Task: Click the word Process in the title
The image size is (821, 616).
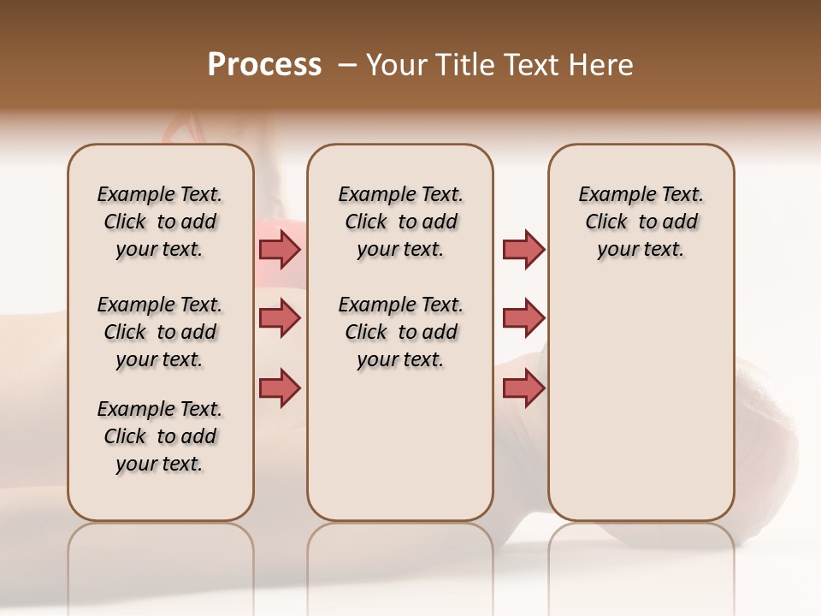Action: coord(264,65)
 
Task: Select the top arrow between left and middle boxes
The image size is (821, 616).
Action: coord(280,249)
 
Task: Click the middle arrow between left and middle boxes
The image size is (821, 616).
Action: coord(280,318)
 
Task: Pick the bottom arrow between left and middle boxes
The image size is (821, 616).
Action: coord(280,388)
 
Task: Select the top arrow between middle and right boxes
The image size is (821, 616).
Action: coord(523,249)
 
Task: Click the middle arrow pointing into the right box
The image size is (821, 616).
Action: coord(523,318)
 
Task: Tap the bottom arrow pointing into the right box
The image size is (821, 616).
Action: coord(523,388)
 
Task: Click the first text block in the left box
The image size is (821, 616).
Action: coord(160,222)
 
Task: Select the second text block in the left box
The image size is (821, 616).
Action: coord(160,332)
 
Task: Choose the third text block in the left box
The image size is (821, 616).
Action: coord(160,436)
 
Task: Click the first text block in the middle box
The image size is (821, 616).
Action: coord(400,222)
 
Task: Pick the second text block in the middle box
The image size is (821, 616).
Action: coord(400,332)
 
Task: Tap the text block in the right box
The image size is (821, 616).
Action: coord(641,222)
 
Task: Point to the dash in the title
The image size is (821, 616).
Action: coord(347,65)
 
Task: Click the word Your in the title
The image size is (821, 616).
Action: coord(396,65)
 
